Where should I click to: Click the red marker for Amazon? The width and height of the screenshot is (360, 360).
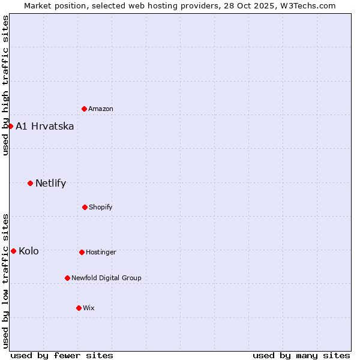(x=84, y=109)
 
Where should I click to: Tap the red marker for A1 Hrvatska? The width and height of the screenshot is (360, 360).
(x=10, y=126)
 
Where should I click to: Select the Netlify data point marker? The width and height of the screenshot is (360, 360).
(x=30, y=183)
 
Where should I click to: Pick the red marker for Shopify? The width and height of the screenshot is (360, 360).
(x=85, y=207)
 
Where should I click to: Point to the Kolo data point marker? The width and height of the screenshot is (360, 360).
(x=13, y=251)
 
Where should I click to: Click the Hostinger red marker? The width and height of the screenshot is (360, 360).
(x=82, y=252)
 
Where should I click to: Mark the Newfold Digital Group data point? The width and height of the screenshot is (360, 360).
(x=67, y=278)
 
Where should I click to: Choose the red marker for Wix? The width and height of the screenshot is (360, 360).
(x=79, y=308)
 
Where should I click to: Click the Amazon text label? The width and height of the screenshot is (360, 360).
(x=101, y=109)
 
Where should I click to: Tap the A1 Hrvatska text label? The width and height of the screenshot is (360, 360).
(x=45, y=126)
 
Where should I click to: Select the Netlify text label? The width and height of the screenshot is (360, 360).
(x=51, y=183)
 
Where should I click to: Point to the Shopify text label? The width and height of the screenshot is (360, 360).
(x=101, y=207)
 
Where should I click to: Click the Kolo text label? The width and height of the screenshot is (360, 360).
(x=29, y=251)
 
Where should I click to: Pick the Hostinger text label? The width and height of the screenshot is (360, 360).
(x=101, y=252)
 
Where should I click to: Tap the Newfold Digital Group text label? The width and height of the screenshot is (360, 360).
(x=106, y=278)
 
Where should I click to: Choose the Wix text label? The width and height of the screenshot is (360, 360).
(x=89, y=308)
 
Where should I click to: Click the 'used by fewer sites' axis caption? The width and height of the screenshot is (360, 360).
(x=62, y=355)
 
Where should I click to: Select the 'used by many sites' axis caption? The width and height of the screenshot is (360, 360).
(x=301, y=355)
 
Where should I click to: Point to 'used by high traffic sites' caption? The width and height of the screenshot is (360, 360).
(x=5, y=85)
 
